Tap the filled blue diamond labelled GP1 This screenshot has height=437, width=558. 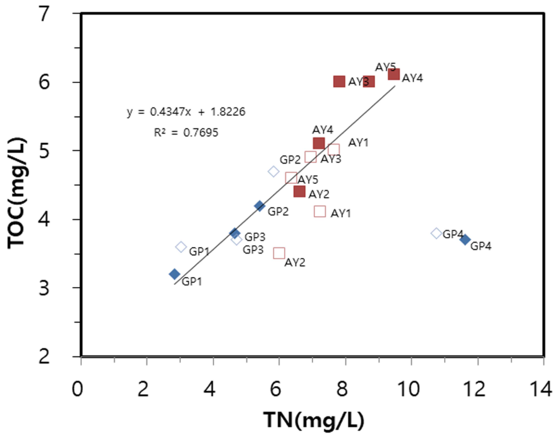pyautogui.click(x=175, y=274)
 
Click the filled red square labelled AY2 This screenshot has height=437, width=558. pyautogui.click(x=300, y=191)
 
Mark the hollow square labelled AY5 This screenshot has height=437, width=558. pyautogui.click(x=291, y=178)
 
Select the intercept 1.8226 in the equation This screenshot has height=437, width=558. pyautogui.click(x=228, y=112)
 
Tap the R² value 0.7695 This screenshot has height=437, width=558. pyautogui.click(x=201, y=132)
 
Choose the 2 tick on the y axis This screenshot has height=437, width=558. pyautogui.click(x=44, y=356)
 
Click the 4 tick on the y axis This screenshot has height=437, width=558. pyautogui.click(x=44, y=219)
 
